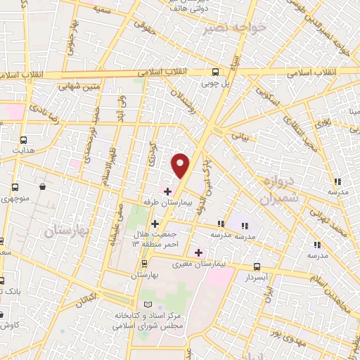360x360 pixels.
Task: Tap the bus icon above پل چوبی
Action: tap(216, 72)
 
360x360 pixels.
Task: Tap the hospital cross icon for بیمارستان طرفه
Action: tap(167, 191)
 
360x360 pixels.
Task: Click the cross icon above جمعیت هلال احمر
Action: tap(155, 224)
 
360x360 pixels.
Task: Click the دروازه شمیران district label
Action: tap(278, 190)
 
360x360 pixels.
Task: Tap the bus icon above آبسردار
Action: tap(257, 267)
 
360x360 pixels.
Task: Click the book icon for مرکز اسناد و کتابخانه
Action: tap(148, 304)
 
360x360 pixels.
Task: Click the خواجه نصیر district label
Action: tap(234, 29)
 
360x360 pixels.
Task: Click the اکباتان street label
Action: tap(85, 299)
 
